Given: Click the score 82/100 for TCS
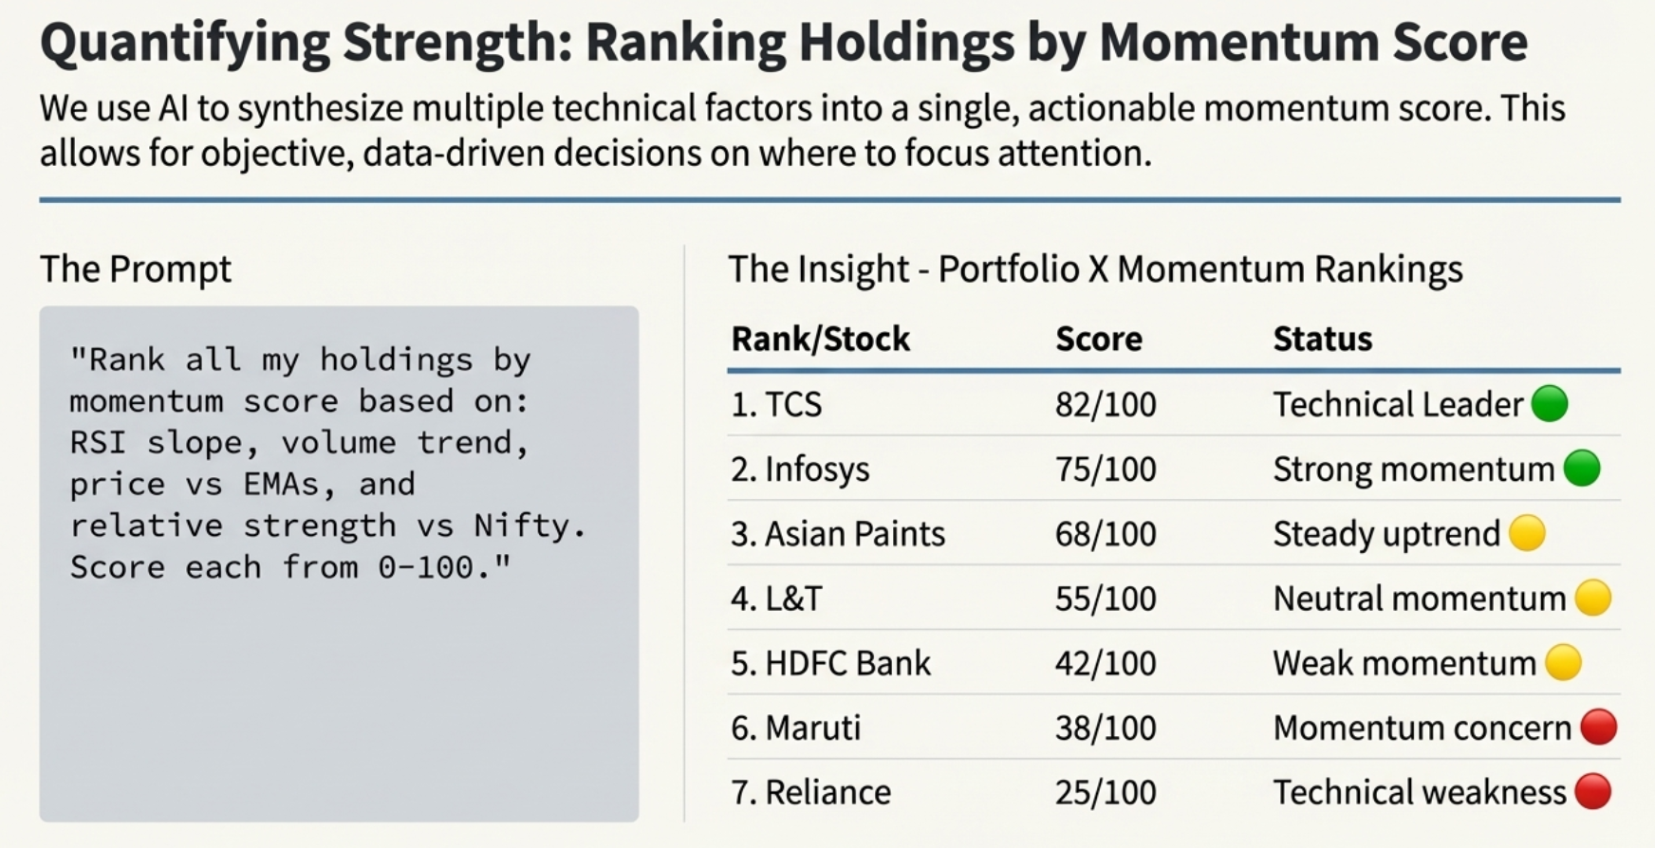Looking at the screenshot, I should click(1106, 405).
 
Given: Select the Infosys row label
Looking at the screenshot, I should click(800, 470).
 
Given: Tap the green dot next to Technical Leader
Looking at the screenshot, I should click(1550, 403).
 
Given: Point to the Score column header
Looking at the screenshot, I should click(1098, 339).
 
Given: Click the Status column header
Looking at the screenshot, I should click(1322, 339).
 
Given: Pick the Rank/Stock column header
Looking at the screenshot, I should click(820, 339).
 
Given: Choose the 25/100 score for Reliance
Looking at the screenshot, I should click(1106, 792).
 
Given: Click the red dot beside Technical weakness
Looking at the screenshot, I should click(1592, 791).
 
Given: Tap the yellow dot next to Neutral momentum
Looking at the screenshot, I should click(1592, 598).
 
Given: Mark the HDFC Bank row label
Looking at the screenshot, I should click(830, 663).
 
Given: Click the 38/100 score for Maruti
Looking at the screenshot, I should click(1106, 728).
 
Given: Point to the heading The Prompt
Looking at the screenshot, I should click(135, 269).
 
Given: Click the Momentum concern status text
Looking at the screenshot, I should click(1422, 728).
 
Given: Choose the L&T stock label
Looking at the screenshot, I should click(776, 599).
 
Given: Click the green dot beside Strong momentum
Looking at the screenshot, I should click(1581, 469).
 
